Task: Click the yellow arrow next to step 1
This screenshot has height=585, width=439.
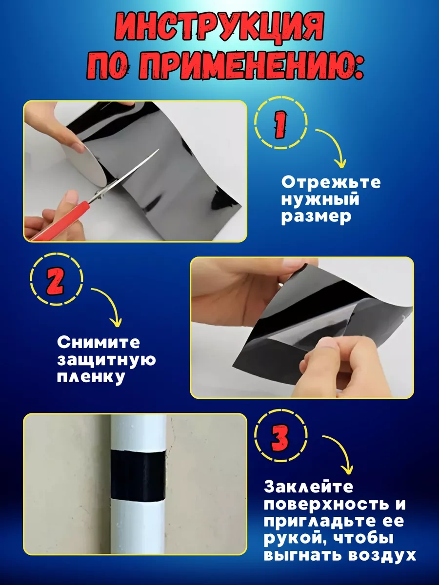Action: tap(334, 149)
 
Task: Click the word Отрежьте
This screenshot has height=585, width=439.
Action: tap(331, 183)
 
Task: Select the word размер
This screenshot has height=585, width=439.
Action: tap(316, 217)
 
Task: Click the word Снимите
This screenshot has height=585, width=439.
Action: tap(99, 343)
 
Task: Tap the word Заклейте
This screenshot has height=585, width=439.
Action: tap(308, 487)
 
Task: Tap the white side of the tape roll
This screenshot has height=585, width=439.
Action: tap(85, 161)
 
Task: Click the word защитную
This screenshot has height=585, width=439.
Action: tap(106, 360)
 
